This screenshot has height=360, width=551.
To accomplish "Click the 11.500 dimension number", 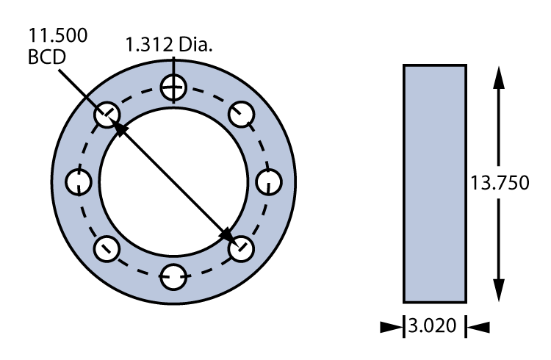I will pos(56,35).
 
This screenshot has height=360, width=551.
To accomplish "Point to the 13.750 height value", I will pos(500,183).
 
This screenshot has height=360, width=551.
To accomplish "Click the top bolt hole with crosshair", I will pos(174,90).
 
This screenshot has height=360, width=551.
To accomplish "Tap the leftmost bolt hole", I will pos(79,181).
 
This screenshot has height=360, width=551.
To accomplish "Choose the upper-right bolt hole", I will pos(241,115).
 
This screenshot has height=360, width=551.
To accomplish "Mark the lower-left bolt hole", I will pos(107,248).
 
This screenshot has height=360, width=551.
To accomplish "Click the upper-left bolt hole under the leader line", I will pos(107,115).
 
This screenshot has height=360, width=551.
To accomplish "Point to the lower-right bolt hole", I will pos(241,248).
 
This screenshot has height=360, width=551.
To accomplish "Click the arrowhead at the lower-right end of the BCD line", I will pos(230,237).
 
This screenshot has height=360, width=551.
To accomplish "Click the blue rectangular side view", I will pos(434,183).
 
